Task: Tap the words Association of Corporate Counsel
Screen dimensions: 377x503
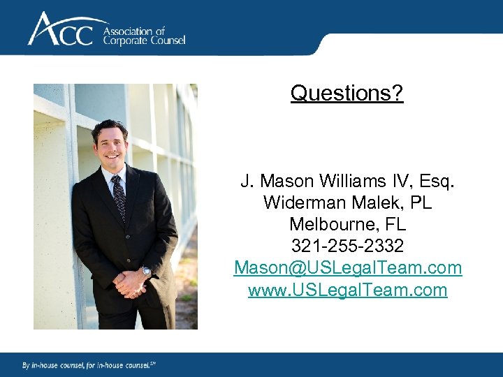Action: tap(144, 36)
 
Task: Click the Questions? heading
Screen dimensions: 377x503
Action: tap(347, 93)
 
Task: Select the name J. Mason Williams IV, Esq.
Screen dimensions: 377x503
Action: tap(347, 182)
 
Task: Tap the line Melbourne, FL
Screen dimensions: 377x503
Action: tap(347, 226)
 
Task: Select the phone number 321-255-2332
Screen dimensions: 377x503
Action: tap(347, 247)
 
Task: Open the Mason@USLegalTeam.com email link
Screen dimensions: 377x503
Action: tap(347, 268)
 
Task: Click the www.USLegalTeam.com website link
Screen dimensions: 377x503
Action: tap(347, 290)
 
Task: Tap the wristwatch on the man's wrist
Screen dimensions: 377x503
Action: tap(146, 270)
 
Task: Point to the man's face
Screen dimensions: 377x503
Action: tap(111, 147)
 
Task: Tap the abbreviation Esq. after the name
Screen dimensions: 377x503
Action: tap(439, 182)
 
